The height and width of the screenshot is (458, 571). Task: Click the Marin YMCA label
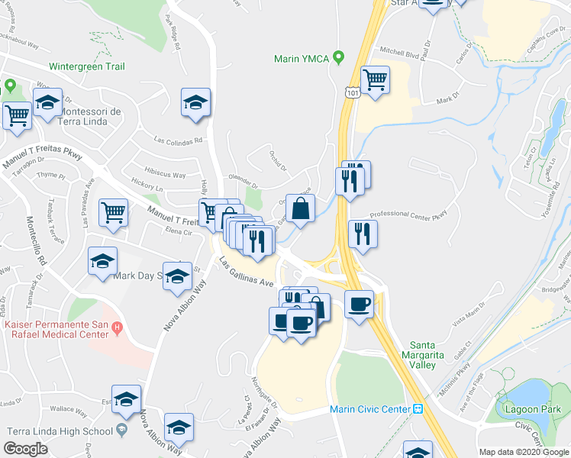pos(304,58)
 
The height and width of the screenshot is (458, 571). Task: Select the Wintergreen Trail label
pos(86,66)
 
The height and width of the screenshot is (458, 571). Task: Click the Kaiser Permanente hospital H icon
pos(117,328)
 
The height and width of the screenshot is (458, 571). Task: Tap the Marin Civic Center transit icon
pos(418,409)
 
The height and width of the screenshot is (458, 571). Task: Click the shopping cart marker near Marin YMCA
pos(374,79)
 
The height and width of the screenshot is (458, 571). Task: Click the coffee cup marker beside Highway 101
pos(359,305)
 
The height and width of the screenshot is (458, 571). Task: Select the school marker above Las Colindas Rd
pos(195,102)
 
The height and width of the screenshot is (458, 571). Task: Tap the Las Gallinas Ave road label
pos(246,273)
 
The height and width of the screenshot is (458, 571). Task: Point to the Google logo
pos(26,449)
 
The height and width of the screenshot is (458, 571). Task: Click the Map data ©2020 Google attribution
pos(524,452)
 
